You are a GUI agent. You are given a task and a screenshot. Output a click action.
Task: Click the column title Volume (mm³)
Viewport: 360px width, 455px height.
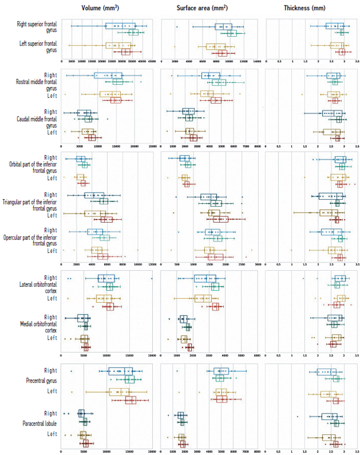pyautogui.click(x=107, y=8)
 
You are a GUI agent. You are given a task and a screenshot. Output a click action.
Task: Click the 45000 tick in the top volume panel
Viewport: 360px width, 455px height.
pyautogui.click(x=152, y=61)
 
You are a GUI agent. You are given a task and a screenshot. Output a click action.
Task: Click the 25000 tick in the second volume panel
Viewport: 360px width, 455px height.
pyautogui.click(x=152, y=146)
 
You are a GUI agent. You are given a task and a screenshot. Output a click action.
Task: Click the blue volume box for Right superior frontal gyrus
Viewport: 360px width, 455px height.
pyautogui.click(x=120, y=26)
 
